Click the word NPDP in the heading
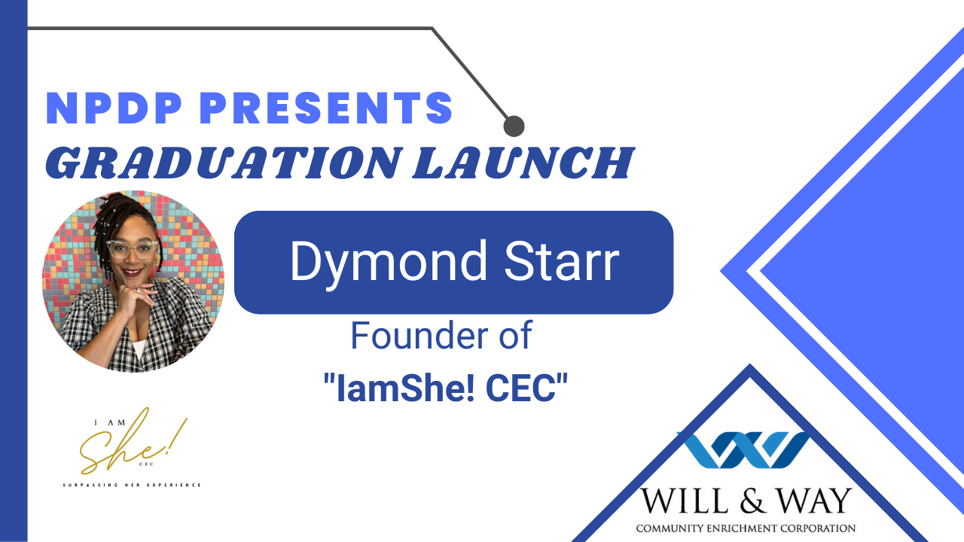pos(114,108)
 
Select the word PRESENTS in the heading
pos(326,108)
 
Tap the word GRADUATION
pos(224,163)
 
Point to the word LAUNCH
pos(523,163)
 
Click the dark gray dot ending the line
pos(514,126)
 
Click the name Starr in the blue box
pos(561,261)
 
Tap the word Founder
pos(419,335)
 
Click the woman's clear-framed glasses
pos(132,249)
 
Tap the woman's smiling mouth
pos(133,273)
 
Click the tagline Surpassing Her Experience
pos(132,486)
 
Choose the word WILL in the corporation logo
pos(686,501)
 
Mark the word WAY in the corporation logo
pos(814,501)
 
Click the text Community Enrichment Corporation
pos(746,528)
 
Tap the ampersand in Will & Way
pos(752,501)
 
